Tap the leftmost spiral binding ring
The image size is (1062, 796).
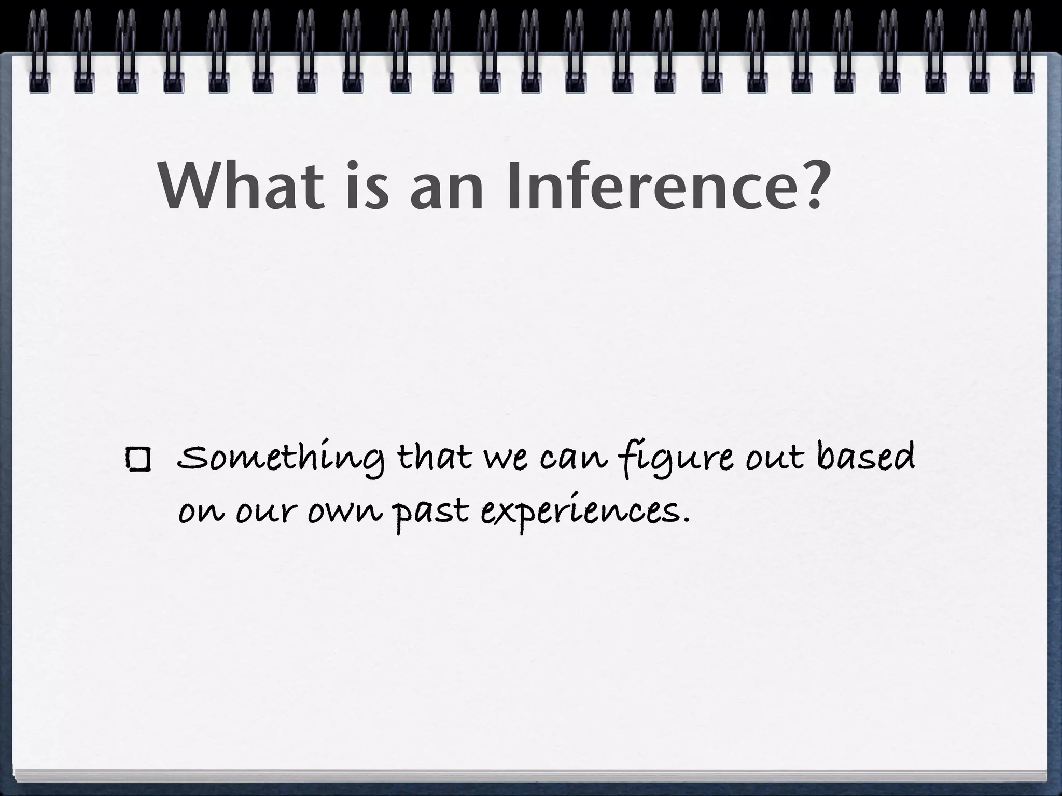point(39,52)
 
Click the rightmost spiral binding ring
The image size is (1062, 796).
point(1023,52)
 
